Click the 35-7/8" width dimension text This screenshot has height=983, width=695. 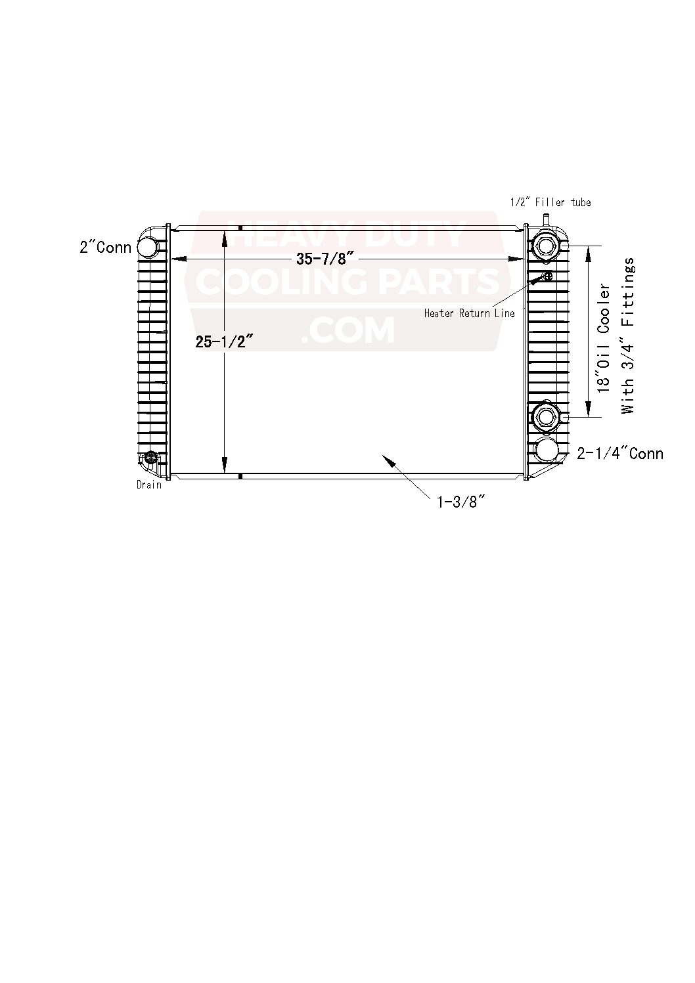[x=325, y=259]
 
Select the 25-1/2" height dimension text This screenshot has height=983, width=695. [x=225, y=341]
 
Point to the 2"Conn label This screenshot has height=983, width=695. [x=105, y=248]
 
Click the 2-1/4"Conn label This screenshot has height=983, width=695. [x=620, y=453]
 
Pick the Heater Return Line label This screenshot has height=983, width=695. [x=469, y=313]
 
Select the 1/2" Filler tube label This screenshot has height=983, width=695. [x=550, y=202]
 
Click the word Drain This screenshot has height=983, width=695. [x=149, y=485]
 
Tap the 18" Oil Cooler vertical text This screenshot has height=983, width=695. [x=604, y=338]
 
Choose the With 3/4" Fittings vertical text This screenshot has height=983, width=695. [x=628, y=336]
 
